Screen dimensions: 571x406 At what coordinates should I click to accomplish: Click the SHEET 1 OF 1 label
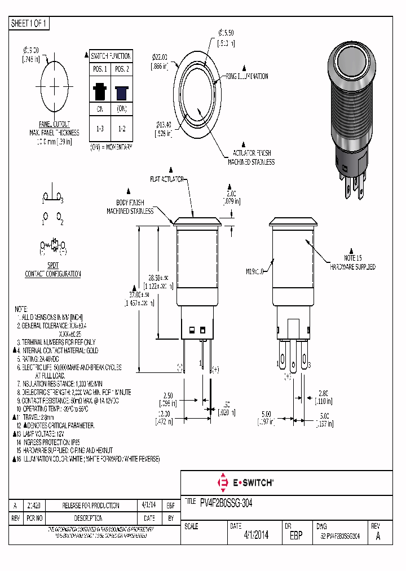point(29,23)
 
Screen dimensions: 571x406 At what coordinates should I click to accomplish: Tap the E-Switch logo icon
point(222,482)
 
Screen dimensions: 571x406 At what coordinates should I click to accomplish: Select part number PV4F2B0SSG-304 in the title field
point(226,502)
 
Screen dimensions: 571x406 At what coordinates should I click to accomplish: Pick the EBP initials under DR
point(295,536)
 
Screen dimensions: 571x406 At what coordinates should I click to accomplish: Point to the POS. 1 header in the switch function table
point(100,69)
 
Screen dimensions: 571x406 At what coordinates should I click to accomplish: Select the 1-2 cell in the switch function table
point(121,129)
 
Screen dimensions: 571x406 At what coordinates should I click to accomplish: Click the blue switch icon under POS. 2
point(121,91)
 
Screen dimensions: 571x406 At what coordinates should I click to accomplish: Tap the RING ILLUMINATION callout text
point(247,76)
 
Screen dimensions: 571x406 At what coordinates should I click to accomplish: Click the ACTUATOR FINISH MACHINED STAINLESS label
point(251,157)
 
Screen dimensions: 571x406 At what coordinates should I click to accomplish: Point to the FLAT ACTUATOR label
point(167,179)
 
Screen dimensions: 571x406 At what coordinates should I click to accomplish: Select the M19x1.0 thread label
point(255,271)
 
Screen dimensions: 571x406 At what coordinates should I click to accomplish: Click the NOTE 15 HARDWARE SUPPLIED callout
point(352,263)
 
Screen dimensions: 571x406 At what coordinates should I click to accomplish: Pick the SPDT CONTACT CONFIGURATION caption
point(53,270)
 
